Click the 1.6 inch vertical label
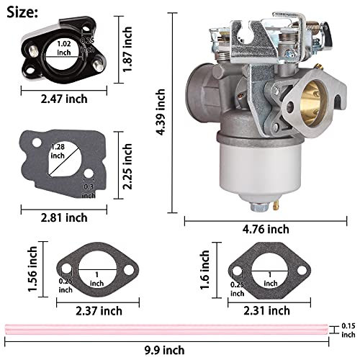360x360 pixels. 206,267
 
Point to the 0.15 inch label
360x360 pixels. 348,330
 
